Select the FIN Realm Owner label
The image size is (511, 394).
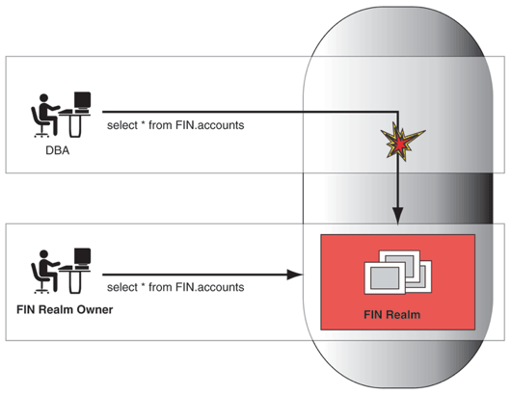coord(60,309)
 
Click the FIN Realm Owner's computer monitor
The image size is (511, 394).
coord(82,257)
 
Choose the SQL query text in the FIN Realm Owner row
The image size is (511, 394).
coord(175,287)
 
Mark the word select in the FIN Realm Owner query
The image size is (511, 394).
coord(122,287)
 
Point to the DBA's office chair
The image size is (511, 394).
coord(39,123)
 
